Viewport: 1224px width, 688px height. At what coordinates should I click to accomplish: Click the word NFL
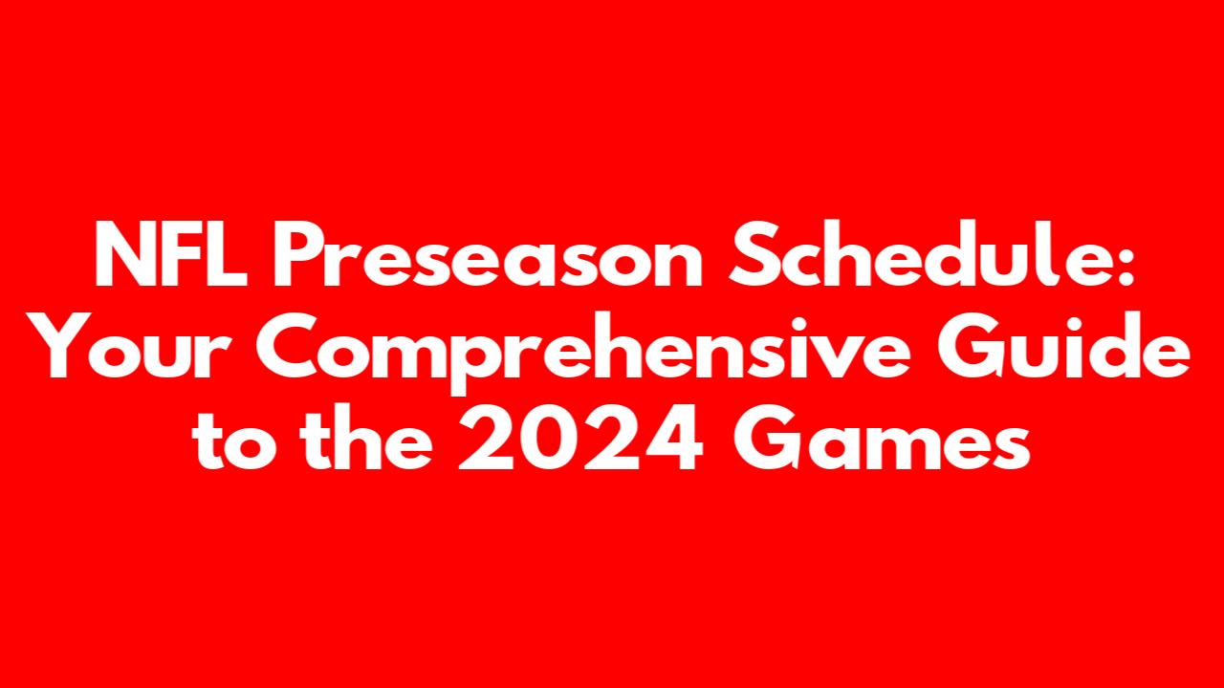coord(170,253)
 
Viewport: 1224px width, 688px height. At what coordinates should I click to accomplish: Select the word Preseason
coord(488,253)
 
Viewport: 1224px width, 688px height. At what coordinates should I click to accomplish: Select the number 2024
coord(579,437)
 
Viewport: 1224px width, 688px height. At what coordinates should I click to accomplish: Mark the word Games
coord(882,437)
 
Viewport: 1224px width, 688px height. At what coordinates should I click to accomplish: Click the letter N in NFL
coord(125,253)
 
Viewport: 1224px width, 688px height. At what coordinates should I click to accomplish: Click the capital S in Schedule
coord(754,253)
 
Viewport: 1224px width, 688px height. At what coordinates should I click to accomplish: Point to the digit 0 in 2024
coord(549,438)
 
